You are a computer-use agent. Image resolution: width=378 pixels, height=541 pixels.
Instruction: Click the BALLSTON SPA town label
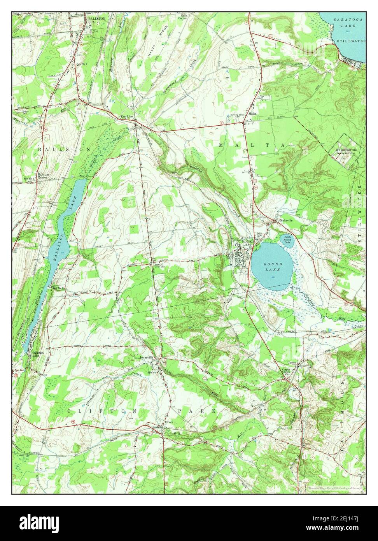pyautogui.click(x=94, y=20)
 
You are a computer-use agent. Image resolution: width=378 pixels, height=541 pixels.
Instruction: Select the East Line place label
pyautogui.click(x=127, y=116)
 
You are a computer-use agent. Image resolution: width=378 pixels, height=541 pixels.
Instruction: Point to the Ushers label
pyautogui.click(x=292, y=363)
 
